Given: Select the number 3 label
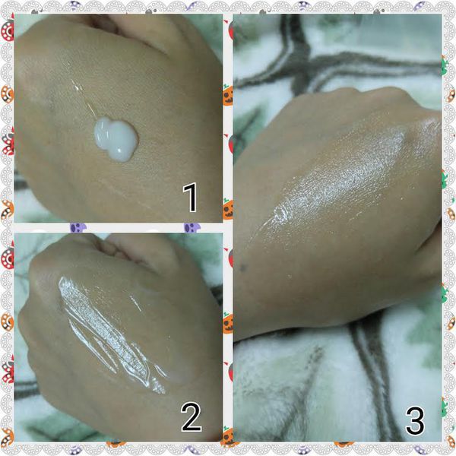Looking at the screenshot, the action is (x=415, y=420).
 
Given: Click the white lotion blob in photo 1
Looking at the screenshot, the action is (x=116, y=139).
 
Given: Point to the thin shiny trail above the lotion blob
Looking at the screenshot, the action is (x=84, y=97).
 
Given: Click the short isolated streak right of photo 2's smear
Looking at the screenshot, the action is (x=135, y=303).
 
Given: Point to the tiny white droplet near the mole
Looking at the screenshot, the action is (x=289, y=275).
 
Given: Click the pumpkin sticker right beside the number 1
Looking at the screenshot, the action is (x=228, y=210).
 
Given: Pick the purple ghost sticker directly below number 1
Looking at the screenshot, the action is (x=192, y=227).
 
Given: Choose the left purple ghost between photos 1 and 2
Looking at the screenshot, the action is (x=78, y=227).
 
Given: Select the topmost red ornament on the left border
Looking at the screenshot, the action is (x=7, y=29).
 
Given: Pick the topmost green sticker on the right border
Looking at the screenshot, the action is (x=445, y=66).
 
